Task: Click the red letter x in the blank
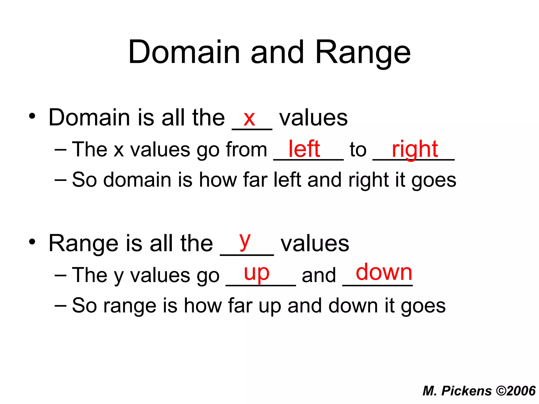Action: [249, 119]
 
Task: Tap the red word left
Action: [304, 149]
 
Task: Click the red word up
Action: [257, 274]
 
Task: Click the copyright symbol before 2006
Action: [501, 391]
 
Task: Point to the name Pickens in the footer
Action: [466, 391]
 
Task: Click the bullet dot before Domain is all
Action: [32, 116]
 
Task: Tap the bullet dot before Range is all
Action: [32, 242]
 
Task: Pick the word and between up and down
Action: [319, 275]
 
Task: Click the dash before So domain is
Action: [61, 180]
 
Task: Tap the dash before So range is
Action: [61, 305]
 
